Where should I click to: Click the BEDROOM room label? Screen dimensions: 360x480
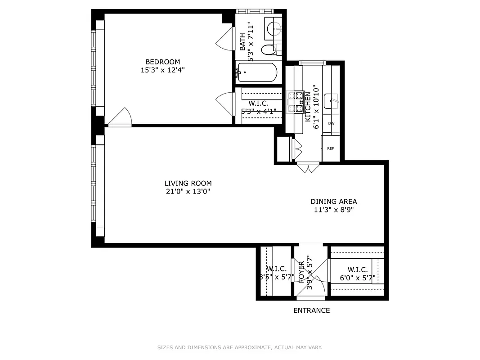[162, 62]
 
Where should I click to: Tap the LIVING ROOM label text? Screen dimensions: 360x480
[188, 183]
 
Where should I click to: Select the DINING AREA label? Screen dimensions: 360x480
[334, 202]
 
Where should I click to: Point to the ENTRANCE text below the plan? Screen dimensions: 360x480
[311, 310]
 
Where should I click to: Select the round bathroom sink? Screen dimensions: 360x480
[273, 28]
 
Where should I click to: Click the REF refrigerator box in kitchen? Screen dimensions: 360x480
[330, 148]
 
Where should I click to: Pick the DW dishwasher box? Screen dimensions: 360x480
[331, 123]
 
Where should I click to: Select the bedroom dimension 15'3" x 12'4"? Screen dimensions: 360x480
[162, 70]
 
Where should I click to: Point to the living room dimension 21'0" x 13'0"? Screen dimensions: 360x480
[188, 191]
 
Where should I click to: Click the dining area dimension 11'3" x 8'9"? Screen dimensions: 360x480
[334, 210]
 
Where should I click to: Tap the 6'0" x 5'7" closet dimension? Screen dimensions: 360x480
[358, 278]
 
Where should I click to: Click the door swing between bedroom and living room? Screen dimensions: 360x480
[121, 118]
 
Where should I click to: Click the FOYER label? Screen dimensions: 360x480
[301, 272]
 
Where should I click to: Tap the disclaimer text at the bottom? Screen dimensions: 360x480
[240, 347]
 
